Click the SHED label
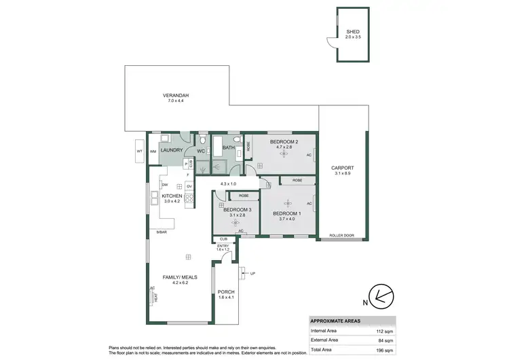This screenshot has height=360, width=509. tap(352, 32)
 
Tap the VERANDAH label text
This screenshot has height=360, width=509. tap(175, 96)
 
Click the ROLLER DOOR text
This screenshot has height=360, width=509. tap(342, 235)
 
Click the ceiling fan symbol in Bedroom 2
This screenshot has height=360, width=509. tap(284, 153)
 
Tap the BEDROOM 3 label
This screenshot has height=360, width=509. tap(238, 210)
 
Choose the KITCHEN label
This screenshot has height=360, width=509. tap(172, 196)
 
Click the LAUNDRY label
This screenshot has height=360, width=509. tap(172, 151)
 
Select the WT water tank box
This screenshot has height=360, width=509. tap(139, 151)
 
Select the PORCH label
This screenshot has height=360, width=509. tap(226, 292)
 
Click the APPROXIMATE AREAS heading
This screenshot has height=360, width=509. tap(336, 321)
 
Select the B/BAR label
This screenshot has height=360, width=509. tap(161, 233)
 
